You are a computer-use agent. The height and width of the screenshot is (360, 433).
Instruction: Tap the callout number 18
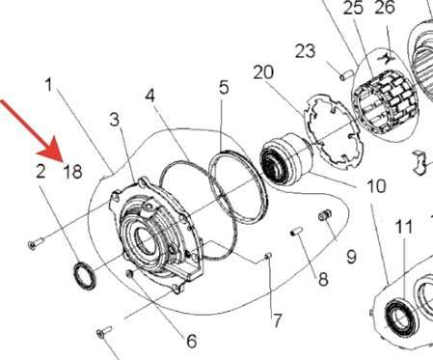(71, 173)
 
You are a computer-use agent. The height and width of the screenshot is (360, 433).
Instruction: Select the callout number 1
(49, 86)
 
